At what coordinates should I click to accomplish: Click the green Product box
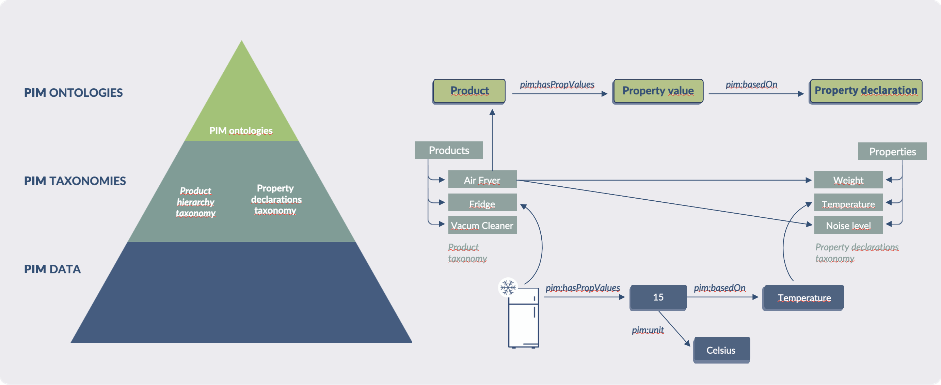point(469,91)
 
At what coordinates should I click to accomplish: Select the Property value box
point(658,91)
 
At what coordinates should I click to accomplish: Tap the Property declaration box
point(865,91)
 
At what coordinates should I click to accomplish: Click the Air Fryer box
point(482,180)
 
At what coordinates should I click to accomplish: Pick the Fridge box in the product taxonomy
point(482,203)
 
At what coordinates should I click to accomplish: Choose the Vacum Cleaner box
point(482,225)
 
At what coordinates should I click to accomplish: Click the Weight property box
point(848,180)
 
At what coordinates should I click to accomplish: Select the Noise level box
point(848,225)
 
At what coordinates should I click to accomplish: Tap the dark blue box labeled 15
point(658,297)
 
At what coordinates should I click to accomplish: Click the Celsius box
point(721,350)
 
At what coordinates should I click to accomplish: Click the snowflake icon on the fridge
point(508,287)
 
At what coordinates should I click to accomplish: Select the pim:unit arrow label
point(648,330)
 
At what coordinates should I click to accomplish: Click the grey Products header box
point(449,150)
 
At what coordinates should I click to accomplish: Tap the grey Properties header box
point(892,151)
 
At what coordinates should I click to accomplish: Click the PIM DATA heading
point(52,269)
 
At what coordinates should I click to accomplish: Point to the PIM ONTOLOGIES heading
point(74,93)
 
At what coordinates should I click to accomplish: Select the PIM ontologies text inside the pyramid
point(241,130)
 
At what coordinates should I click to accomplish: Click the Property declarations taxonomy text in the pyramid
point(276,199)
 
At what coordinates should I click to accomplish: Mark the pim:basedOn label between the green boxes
point(751,84)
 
